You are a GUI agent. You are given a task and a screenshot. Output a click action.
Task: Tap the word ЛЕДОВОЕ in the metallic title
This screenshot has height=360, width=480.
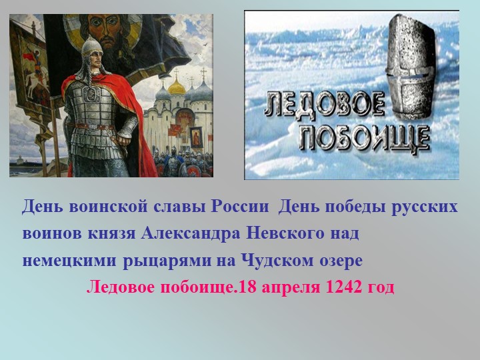pyautogui.click(x=326, y=107)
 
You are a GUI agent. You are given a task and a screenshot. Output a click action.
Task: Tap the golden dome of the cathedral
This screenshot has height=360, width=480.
pyautogui.click(x=177, y=87)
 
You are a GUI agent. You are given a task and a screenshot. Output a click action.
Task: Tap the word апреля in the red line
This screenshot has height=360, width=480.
pyautogui.click(x=291, y=288)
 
